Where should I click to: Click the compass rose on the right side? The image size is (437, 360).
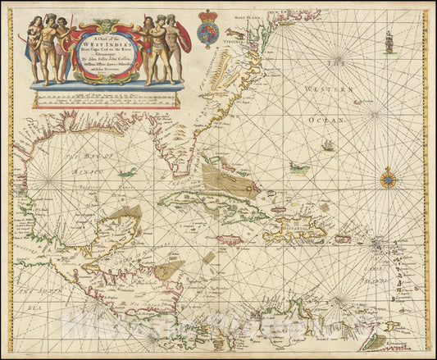[x=388, y=178]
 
